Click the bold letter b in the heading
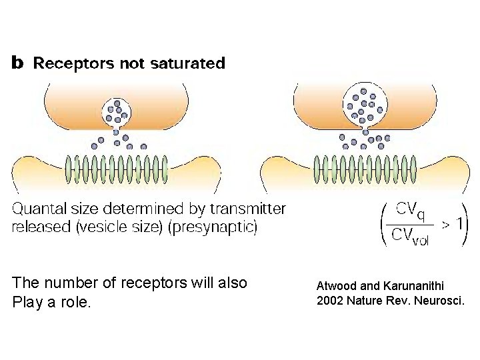(x=17, y=63)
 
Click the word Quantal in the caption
(x=42, y=209)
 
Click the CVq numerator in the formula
(x=409, y=209)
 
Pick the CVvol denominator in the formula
(x=409, y=236)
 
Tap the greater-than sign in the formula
(x=442, y=224)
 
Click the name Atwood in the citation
(x=336, y=286)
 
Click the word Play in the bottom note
(x=25, y=302)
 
